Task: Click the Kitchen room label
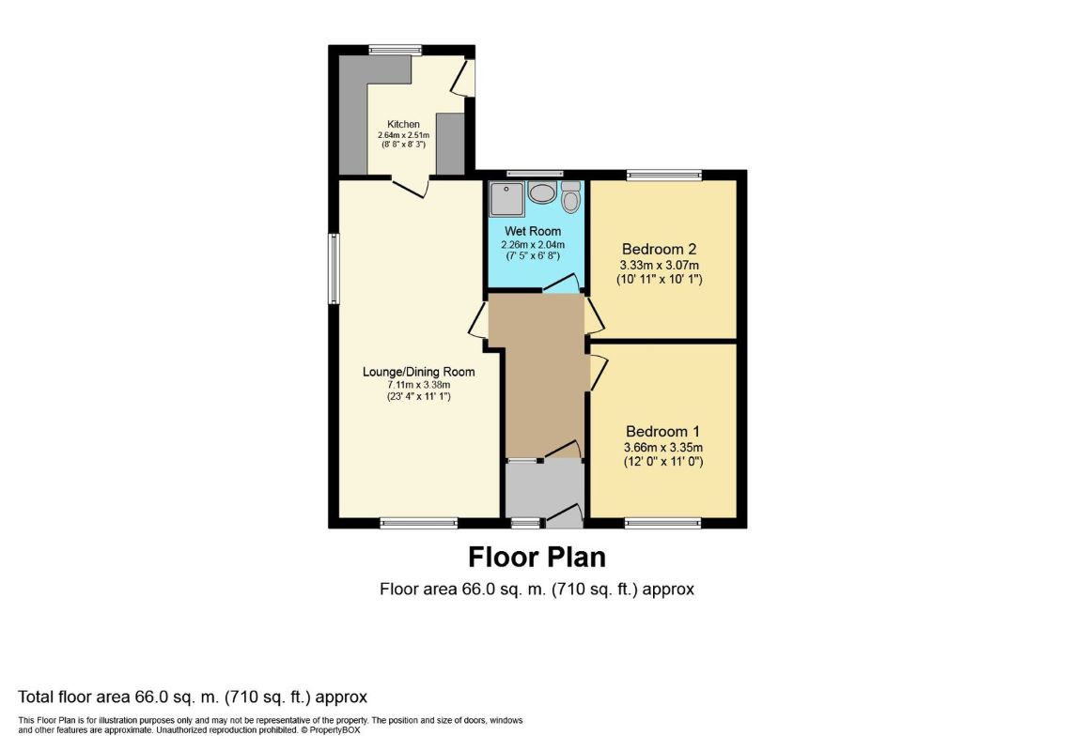403,124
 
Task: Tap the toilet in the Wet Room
570,197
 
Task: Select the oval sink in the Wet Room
542,193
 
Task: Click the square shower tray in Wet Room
506,199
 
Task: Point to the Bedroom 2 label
659,249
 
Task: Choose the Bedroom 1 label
663,431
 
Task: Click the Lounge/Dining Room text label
418,372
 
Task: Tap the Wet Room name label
533,231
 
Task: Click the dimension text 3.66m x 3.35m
663,448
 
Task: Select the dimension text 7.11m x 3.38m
418,385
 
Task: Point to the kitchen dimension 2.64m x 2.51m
403,135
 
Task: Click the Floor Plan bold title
537,558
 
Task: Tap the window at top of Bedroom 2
664,176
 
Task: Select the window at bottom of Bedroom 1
662,524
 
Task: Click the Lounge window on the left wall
334,268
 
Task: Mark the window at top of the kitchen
396,50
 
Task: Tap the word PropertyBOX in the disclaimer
335,729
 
